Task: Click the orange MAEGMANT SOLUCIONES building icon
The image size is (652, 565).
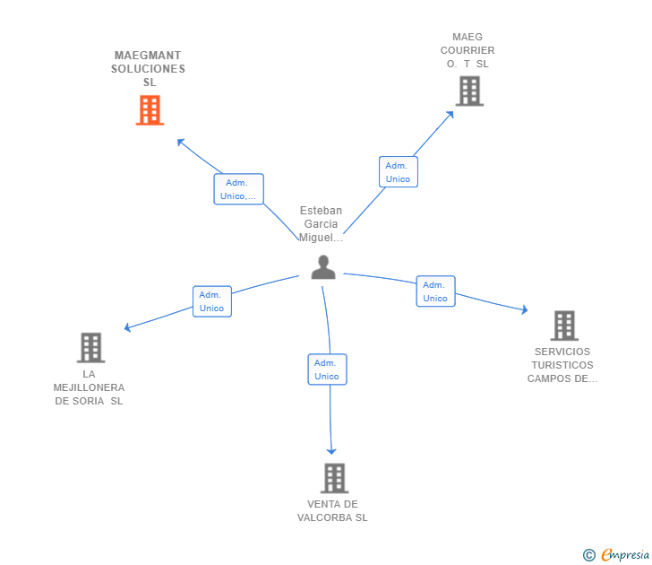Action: coord(150,110)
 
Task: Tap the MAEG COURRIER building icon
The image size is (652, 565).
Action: coord(469,91)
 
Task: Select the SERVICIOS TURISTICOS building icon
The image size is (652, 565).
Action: coord(563,326)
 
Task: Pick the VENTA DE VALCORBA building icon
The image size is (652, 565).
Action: coord(334,478)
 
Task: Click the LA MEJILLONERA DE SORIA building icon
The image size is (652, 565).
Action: coord(90,347)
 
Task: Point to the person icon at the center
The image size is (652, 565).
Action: coord(323,266)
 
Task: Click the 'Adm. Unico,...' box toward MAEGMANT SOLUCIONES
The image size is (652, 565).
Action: coord(238,189)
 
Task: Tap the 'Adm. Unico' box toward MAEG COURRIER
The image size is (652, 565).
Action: coord(398,172)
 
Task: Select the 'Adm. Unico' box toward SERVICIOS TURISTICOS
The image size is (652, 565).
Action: coord(435,291)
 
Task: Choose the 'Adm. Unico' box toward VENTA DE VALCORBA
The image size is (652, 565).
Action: coord(327,369)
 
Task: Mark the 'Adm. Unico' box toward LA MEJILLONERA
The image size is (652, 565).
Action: coord(212,301)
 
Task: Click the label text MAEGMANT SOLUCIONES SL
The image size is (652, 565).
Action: coord(149,69)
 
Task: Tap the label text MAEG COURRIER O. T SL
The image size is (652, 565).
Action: coord(468,51)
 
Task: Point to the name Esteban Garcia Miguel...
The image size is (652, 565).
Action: coord(322,224)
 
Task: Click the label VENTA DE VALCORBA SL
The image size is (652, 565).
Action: coord(332,511)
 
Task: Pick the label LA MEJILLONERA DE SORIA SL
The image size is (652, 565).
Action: coord(89,387)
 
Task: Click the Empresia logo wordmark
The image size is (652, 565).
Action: coord(624,555)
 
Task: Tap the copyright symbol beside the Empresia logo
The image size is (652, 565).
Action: coord(589,555)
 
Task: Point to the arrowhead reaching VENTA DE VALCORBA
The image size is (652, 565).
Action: coord(331,450)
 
